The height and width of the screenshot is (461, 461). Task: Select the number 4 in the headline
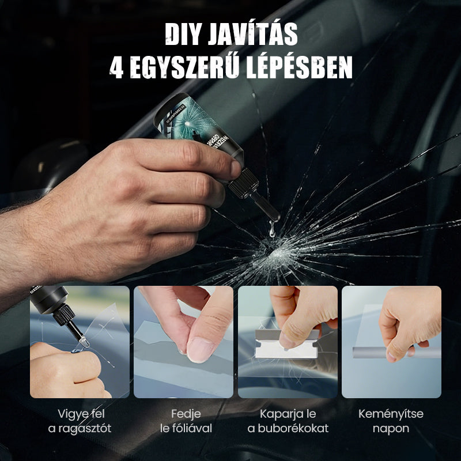(117, 67)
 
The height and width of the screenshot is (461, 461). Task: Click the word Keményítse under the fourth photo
(391, 414)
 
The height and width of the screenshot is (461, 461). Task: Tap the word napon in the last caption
(391, 428)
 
